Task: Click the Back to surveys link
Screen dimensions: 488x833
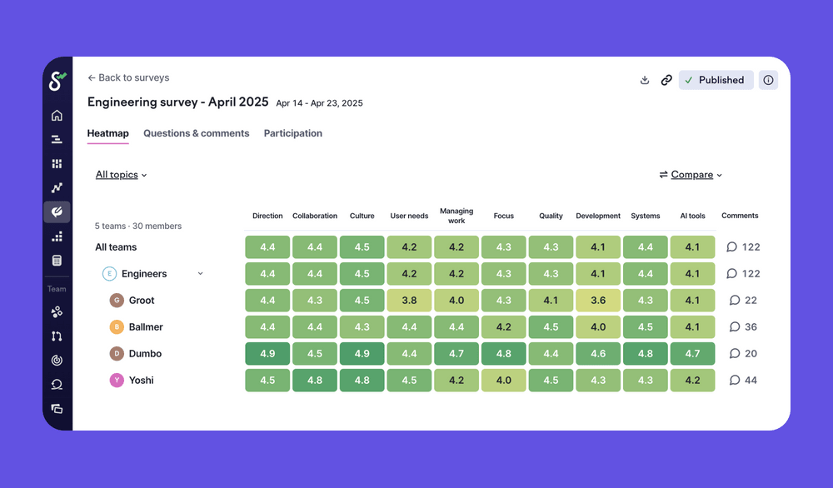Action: pos(128,77)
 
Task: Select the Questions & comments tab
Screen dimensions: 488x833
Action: pos(196,133)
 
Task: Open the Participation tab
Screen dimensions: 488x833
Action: pos(292,133)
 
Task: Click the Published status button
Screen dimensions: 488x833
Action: pos(716,80)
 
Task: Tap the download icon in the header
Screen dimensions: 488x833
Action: pos(644,80)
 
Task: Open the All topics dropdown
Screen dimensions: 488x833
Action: pos(121,175)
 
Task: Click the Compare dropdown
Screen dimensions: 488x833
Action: pos(691,175)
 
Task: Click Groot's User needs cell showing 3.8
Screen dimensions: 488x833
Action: pos(409,301)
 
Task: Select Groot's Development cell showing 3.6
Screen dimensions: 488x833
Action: pos(598,301)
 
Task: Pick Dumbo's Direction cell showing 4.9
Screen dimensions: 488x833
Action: pos(267,354)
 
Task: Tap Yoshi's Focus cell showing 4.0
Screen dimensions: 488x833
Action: pos(503,381)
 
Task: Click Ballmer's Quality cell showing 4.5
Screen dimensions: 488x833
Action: pos(551,327)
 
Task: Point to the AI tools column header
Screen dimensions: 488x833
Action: pos(692,216)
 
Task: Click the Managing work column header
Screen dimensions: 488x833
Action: pos(456,216)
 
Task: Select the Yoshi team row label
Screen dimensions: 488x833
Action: pos(141,381)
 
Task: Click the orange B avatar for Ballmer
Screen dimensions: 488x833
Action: pos(117,327)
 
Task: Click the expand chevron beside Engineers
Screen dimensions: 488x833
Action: pos(200,274)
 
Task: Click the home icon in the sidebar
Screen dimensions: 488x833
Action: pos(57,116)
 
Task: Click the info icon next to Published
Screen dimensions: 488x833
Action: pos(768,80)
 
